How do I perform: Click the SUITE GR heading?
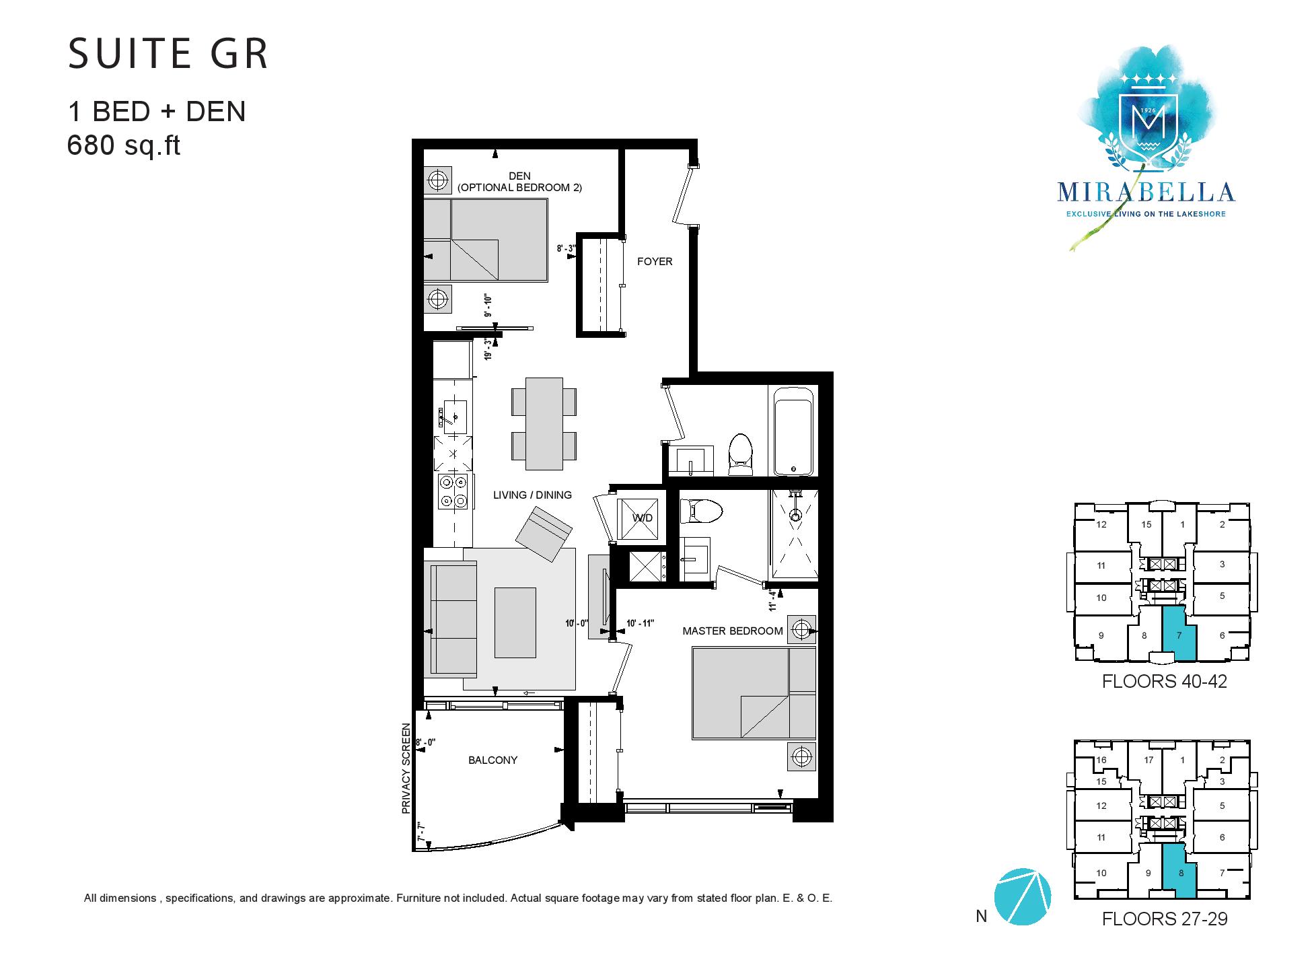click(x=168, y=55)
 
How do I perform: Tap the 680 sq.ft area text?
click(x=124, y=145)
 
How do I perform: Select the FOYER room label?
click(x=655, y=261)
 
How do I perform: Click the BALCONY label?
click(x=493, y=760)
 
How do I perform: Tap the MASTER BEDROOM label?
click(x=733, y=631)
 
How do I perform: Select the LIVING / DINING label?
click(x=532, y=495)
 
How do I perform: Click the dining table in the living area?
click(x=544, y=423)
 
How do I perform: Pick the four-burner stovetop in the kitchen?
click(x=453, y=491)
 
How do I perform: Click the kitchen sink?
click(x=453, y=415)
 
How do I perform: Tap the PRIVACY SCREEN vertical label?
click(x=406, y=769)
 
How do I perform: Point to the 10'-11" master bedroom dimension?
click(x=641, y=623)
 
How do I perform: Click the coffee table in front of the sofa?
click(x=515, y=623)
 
